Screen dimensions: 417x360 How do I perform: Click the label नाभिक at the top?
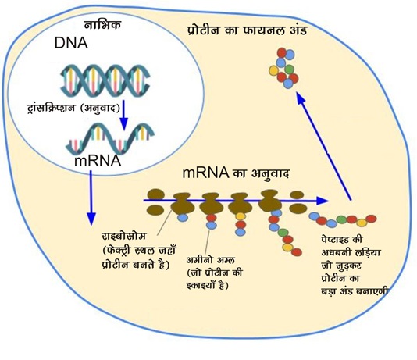point(102,25)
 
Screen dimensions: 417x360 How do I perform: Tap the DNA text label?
point(71,43)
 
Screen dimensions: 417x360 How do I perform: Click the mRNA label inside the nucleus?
point(98,161)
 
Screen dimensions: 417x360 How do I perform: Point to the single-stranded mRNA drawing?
point(110,138)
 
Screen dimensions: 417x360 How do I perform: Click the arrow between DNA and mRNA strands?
point(123,115)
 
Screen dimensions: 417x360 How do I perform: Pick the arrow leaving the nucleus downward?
point(91,198)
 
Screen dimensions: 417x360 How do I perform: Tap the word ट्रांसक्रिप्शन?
point(51,109)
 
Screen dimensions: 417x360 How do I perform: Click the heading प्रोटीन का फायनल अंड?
point(248,30)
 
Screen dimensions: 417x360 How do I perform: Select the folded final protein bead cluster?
point(284,68)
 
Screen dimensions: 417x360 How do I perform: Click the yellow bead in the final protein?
point(273,71)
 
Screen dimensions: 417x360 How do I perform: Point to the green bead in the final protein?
point(289,70)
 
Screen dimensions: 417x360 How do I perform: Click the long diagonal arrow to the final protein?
point(324,146)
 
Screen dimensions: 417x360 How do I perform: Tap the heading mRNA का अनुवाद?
point(236,173)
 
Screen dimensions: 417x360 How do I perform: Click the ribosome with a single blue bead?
point(183,204)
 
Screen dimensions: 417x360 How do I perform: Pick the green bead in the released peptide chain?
point(342,219)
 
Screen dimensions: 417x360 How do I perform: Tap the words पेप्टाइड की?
point(342,239)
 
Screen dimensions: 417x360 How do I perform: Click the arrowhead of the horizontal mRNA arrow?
point(323,201)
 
